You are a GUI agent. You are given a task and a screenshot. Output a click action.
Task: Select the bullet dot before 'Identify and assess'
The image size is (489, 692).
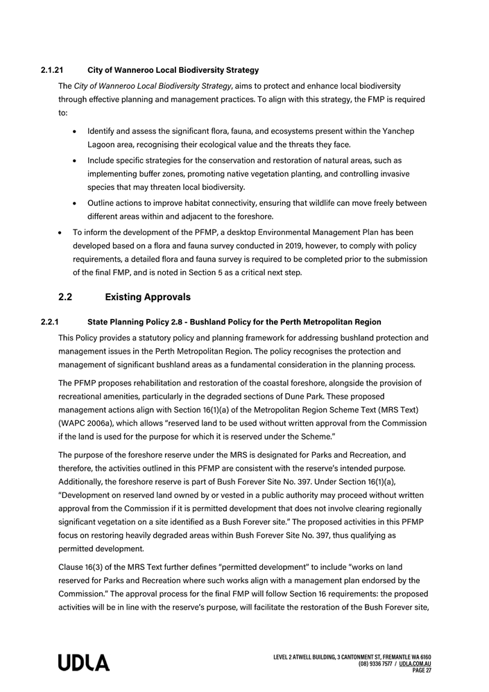pyautogui.click(x=74, y=131)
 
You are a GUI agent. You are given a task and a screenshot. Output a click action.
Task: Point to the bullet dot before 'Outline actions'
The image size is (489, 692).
pyautogui.click(x=74, y=203)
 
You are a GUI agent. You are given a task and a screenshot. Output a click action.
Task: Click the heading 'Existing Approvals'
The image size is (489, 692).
pyautogui.click(x=147, y=297)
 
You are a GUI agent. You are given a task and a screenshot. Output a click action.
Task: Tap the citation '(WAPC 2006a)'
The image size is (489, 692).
pyautogui.click(x=83, y=423)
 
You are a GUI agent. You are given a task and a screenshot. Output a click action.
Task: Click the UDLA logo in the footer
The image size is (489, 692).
pyautogui.click(x=83, y=663)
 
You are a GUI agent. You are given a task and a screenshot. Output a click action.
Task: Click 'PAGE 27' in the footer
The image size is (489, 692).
pyautogui.click(x=421, y=671)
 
